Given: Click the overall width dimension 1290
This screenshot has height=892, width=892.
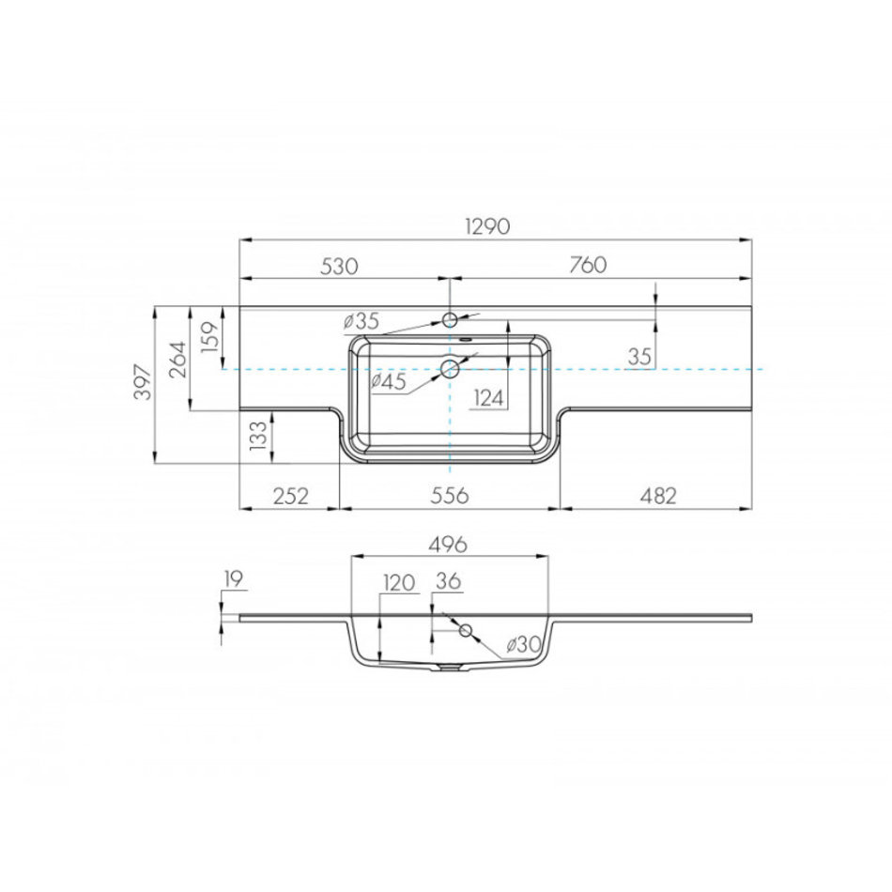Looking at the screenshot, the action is click(x=487, y=226).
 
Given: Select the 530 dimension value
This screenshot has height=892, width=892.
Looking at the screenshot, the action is click(x=339, y=266).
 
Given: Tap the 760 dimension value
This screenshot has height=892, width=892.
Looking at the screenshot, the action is click(x=588, y=265).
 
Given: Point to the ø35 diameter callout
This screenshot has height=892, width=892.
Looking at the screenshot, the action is click(x=361, y=321).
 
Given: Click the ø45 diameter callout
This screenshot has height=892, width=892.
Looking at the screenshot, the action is click(x=389, y=382).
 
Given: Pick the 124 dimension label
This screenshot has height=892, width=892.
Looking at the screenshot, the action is click(x=489, y=398).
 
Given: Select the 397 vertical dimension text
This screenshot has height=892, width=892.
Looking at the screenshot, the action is click(x=144, y=383).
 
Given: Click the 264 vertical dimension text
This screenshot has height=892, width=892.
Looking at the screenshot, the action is click(x=177, y=361).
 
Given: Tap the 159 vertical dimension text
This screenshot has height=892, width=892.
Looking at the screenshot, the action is click(x=210, y=337).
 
